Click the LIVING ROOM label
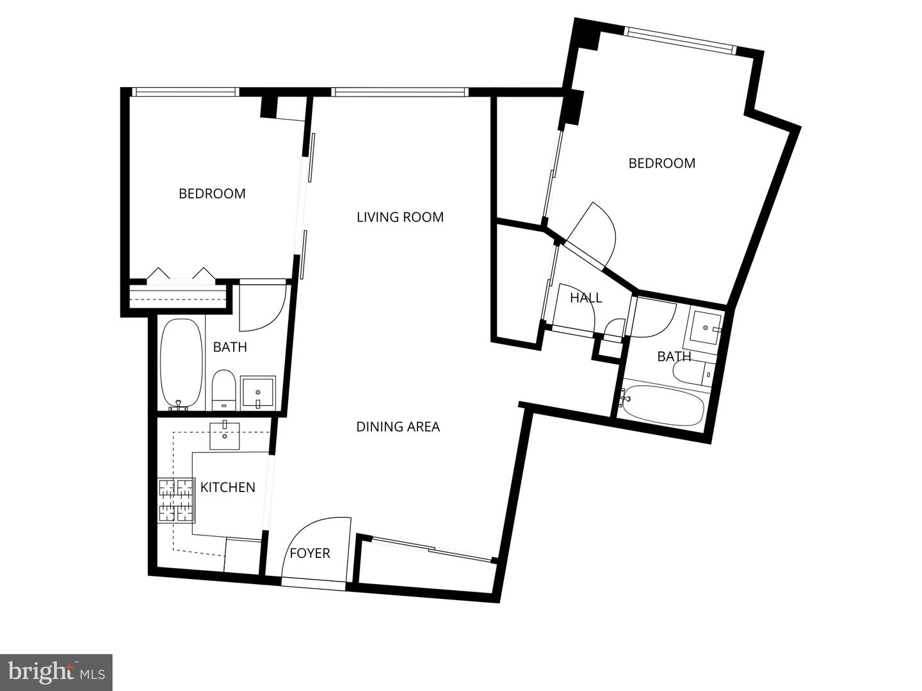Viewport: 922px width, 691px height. pyautogui.click(x=400, y=217)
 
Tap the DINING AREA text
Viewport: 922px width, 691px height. pyautogui.click(x=398, y=427)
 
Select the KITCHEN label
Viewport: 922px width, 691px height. pyautogui.click(x=227, y=488)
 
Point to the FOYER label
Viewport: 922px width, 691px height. pyautogui.click(x=310, y=553)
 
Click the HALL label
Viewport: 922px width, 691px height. pyautogui.click(x=586, y=298)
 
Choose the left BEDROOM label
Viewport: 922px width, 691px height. pyautogui.click(x=211, y=193)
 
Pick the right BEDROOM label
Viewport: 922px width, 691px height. pyautogui.click(x=661, y=163)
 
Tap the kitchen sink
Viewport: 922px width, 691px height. pyautogui.click(x=225, y=436)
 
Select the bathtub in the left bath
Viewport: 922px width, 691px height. pyautogui.click(x=181, y=363)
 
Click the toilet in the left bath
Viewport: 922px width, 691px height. pyautogui.click(x=223, y=388)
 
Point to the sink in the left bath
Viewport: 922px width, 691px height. pyautogui.click(x=258, y=392)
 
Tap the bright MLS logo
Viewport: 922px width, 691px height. pyautogui.click(x=56, y=672)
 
